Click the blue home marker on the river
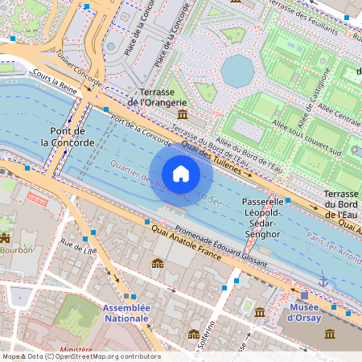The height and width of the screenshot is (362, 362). pos(181,174)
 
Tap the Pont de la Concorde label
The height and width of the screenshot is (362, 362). pos(79,137)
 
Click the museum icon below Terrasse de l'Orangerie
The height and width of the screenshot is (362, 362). pos(179,117)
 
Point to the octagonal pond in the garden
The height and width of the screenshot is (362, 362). pos(237,71)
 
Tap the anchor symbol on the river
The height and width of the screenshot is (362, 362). pos(323,282)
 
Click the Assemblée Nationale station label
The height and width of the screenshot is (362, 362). pos(125,313)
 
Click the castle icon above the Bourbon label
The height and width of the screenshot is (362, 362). pos(5,237)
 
